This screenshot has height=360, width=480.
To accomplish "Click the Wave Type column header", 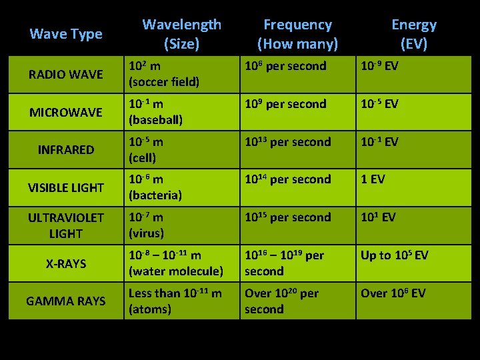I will tap(66, 34).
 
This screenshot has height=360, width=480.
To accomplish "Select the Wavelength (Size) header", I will tap(181, 34).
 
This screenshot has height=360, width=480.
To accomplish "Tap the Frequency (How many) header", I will tap(297, 34).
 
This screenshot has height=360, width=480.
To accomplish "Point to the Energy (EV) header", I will tap(413, 34).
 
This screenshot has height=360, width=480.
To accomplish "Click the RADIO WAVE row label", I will tap(66, 75).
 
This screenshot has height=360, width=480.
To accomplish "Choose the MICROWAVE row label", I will tap(66, 112).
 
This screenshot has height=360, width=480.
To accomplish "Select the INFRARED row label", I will tap(66, 150).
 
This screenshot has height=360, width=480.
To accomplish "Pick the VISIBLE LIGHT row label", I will tap(66, 188).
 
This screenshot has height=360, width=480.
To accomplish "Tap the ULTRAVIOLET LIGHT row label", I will tap(66, 225).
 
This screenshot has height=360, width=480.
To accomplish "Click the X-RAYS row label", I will tap(66, 264).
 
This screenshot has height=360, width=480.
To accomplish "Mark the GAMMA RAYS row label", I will tap(66, 301).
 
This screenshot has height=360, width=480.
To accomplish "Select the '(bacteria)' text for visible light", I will tap(155, 196).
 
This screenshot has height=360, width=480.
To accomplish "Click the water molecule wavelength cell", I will tap(176, 263).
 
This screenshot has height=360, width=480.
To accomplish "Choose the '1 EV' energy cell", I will tap(373, 179).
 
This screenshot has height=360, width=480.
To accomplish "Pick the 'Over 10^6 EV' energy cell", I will tap(393, 293).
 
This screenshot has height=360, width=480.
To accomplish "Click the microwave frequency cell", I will tap(285, 105).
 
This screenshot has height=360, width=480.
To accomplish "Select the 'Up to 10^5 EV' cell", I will tap(394, 255).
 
